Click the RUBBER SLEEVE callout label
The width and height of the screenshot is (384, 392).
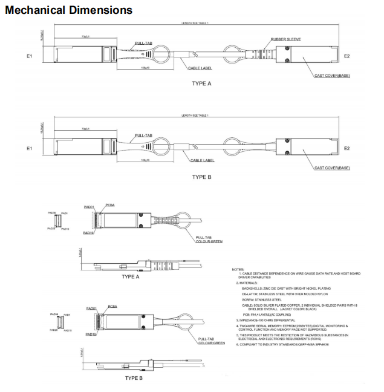click(286, 39)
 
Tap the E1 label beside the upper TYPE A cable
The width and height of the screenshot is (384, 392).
click(30, 56)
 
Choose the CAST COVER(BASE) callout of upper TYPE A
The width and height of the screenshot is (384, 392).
click(332, 76)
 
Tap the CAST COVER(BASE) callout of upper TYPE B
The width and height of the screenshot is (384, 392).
click(332, 168)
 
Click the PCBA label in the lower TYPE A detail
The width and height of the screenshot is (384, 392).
click(111, 205)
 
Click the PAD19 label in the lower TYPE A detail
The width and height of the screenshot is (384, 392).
click(88, 232)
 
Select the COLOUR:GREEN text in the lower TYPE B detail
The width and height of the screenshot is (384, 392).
click(211, 343)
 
